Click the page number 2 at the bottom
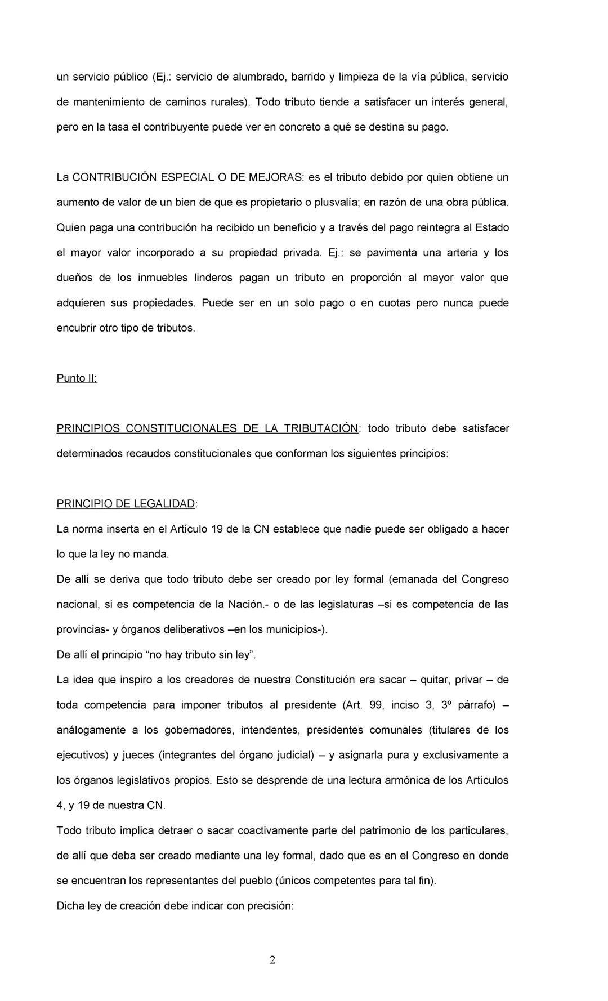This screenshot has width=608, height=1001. pyautogui.click(x=272, y=960)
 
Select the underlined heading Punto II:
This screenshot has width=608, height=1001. pyautogui.click(x=77, y=378)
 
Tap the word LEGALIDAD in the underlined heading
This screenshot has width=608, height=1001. pyautogui.click(x=164, y=504)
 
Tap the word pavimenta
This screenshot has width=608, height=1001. pyautogui.click(x=392, y=253)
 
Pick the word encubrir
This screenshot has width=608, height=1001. pyautogui.click(x=76, y=328)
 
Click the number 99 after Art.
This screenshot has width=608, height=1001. pyautogui.click(x=376, y=705)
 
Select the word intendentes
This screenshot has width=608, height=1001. pyautogui.click(x=270, y=730)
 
